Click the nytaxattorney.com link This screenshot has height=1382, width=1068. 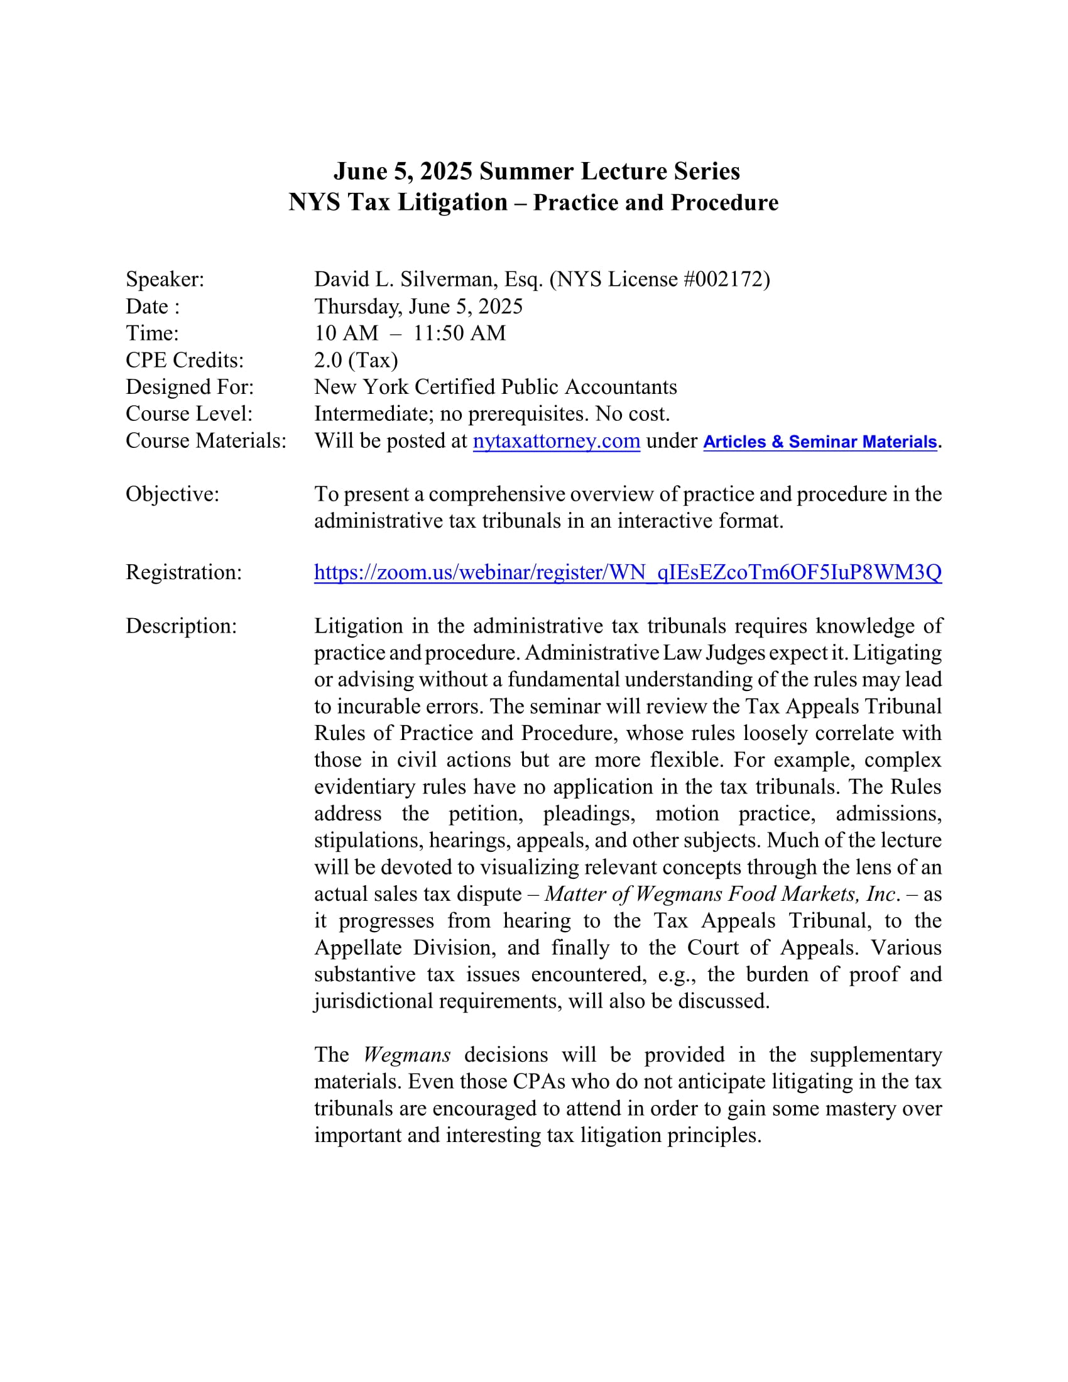click(556, 440)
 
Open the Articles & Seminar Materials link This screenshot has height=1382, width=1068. click(819, 442)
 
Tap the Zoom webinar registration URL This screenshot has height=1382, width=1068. click(628, 572)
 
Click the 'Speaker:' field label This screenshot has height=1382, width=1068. click(165, 279)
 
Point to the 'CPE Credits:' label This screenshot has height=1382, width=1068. click(185, 360)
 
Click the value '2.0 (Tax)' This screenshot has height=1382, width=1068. click(356, 360)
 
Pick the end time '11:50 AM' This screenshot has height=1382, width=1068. click(459, 333)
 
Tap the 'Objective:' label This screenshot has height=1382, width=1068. click(173, 494)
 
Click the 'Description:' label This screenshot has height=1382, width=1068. click(182, 626)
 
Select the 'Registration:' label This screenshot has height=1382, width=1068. click(184, 572)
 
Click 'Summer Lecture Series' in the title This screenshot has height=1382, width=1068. click(609, 171)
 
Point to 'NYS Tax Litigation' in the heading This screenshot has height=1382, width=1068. click(398, 202)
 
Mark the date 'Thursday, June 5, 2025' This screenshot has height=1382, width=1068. click(418, 307)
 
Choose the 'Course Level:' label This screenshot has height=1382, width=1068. click(189, 414)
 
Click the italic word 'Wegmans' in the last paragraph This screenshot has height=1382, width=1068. click(407, 1055)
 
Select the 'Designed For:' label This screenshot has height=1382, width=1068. click(190, 386)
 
